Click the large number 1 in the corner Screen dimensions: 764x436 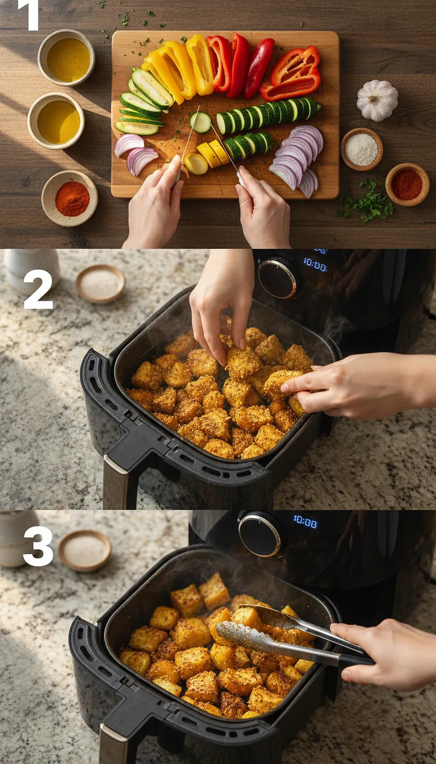[x=28, y=15]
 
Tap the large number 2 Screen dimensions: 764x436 [x=38, y=289]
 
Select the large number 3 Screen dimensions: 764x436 [x=38, y=546]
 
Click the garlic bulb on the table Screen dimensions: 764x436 [x=377, y=100]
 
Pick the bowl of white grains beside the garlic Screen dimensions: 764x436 [x=362, y=149]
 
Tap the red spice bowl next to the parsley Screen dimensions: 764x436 [x=407, y=184]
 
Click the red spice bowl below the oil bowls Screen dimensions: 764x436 [x=70, y=198]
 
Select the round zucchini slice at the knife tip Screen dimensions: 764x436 [x=200, y=122]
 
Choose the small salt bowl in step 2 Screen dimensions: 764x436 [x=100, y=283]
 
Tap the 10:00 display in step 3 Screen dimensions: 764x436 [x=305, y=521]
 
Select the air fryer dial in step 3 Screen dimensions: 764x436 [x=259, y=535]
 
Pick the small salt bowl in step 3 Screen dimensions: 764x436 [x=85, y=550]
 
